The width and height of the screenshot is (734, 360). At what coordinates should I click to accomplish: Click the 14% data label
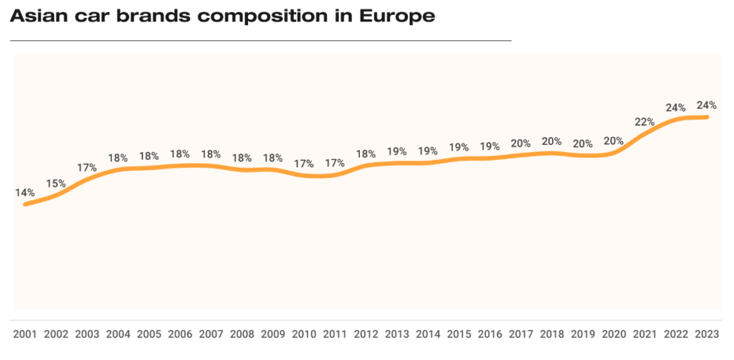click(x=24, y=193)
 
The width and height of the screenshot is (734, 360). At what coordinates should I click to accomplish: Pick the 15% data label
click(x=55, y=183)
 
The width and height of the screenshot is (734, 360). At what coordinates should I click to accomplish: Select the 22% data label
click(x=644, y=123)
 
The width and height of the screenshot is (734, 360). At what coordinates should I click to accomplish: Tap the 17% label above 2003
click(x=87, y=168)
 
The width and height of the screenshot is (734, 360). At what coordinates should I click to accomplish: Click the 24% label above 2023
click(x=707, y=105)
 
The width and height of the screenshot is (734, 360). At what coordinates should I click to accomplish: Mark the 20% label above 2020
click(x=613, y=141)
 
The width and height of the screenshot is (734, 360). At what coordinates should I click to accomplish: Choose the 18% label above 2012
click(x=366, y=154)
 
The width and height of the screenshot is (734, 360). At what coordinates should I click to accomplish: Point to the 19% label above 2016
click(x=490, y=146)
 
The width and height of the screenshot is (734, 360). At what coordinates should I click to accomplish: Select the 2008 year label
click(x=242, y=333)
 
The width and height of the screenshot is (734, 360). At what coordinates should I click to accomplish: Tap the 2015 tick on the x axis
click(x=459, y=333)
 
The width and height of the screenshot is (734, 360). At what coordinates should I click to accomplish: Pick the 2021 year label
click(x=644, y=333)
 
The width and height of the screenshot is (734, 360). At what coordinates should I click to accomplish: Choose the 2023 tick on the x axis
click(x=707, y=333)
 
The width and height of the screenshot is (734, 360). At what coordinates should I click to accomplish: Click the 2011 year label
click(x=335, y=333)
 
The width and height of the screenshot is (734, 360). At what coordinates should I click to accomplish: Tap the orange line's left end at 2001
click(x=26, y=204)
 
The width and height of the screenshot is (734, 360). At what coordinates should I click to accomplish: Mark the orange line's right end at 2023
click(x=707, y=117)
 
